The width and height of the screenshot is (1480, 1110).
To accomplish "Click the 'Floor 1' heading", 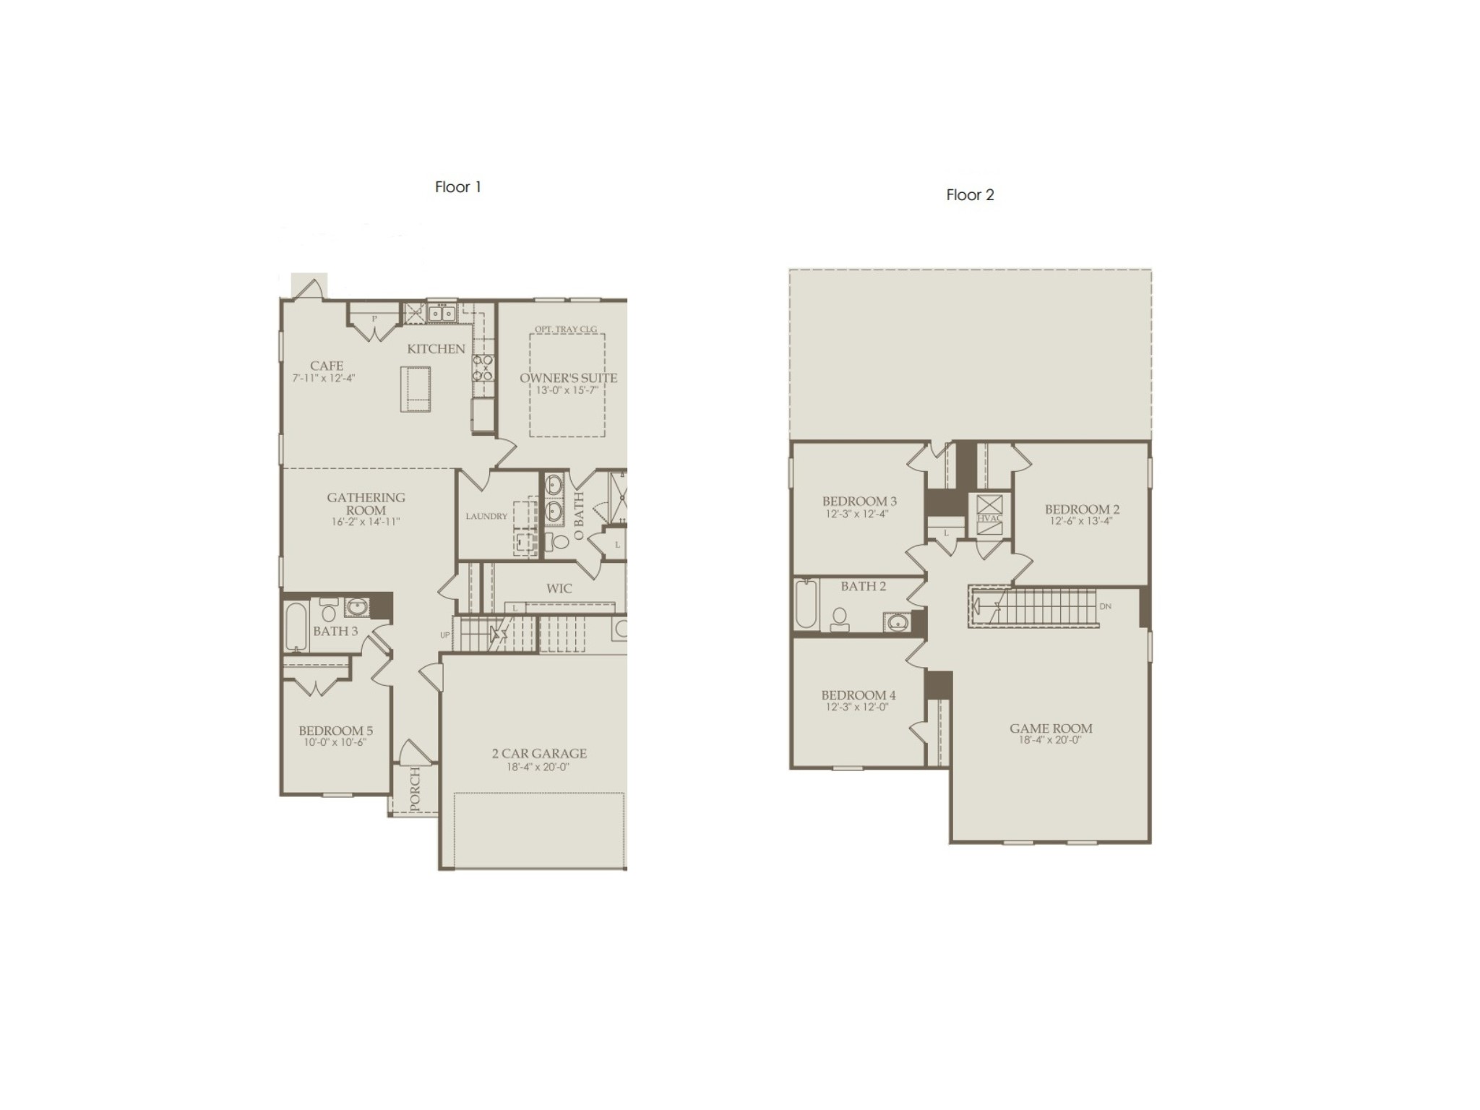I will click(x=457, y=187).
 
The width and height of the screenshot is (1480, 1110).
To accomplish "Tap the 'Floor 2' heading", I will click(x=970, y=195).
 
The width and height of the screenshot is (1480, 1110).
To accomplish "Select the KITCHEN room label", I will click(x=436, y=349).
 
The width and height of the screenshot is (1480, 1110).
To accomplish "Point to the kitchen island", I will click(x=415, y=388).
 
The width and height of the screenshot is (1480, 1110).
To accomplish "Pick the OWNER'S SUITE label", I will click(x=568, y=378).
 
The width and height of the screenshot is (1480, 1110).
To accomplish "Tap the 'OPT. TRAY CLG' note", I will click(x=566, y=330).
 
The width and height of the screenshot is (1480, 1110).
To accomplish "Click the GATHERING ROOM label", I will click(x=366, y=504).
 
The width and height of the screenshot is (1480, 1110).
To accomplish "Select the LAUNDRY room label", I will click(x=486, y=517).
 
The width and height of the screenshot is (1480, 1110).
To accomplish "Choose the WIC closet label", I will click(x=559, y=588).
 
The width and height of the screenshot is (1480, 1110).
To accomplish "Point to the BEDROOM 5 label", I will click(x=335, y=731).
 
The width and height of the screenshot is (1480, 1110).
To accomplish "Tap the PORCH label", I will click(x=415, y=790).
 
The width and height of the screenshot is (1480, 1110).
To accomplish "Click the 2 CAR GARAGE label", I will click(x=539, y=754).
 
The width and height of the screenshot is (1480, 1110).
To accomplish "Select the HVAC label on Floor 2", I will click(x=989, y=519).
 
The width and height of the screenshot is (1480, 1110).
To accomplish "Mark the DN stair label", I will click(x=1105, y=606).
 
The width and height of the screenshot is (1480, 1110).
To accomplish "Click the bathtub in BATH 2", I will click(x=805, y=605).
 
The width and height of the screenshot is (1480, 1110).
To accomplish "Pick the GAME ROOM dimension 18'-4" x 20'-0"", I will click(x=1050, y=740).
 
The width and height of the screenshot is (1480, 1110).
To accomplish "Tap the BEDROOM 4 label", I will click(x=858, y=695).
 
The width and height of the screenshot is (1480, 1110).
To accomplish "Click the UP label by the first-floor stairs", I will click(x=444, y=635).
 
